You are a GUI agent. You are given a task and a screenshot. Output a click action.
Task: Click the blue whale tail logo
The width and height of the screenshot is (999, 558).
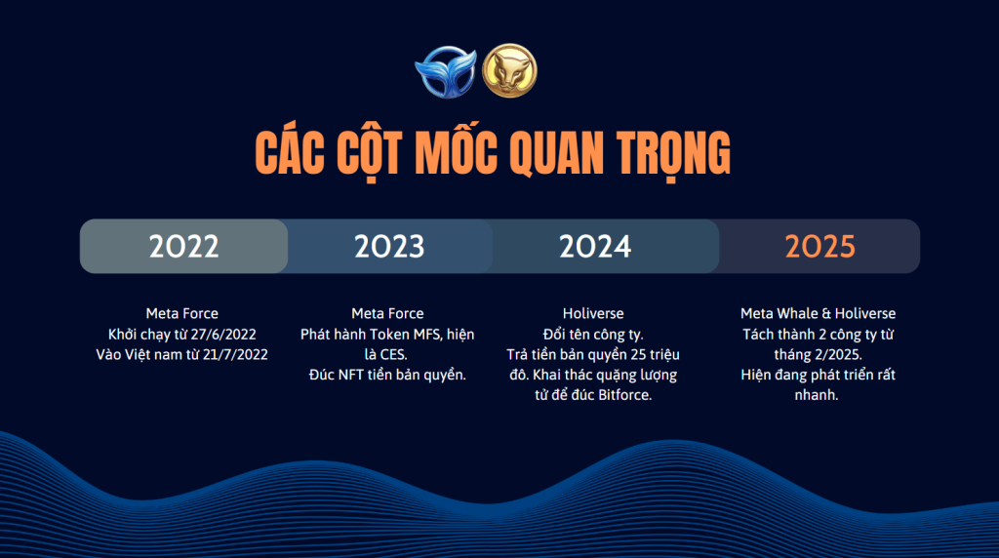(446, 72)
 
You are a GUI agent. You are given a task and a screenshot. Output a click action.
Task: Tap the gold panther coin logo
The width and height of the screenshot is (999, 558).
(509, 70)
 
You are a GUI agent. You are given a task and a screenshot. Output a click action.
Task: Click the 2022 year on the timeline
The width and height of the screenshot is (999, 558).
(183, 247)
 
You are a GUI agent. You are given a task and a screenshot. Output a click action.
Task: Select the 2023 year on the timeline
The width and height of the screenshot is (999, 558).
(389, 247)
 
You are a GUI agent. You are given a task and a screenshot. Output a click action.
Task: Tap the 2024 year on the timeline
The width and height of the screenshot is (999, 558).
(595, 247)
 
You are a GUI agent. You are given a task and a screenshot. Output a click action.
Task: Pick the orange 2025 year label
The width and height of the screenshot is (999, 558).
(819, 247)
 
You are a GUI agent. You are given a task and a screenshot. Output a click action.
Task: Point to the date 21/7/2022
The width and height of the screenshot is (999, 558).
(235, 355)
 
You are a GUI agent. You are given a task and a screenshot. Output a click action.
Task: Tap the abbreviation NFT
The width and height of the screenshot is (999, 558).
(351, 376)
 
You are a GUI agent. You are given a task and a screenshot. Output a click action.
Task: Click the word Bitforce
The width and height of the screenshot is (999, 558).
(626, 395)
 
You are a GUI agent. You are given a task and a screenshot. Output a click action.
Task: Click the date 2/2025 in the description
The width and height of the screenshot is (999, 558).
(838, 355)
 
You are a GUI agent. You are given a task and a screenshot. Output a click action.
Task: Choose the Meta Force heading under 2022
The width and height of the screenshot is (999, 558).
(182, 313)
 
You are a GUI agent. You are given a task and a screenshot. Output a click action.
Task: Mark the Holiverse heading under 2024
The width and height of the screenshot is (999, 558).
(593, 313)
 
